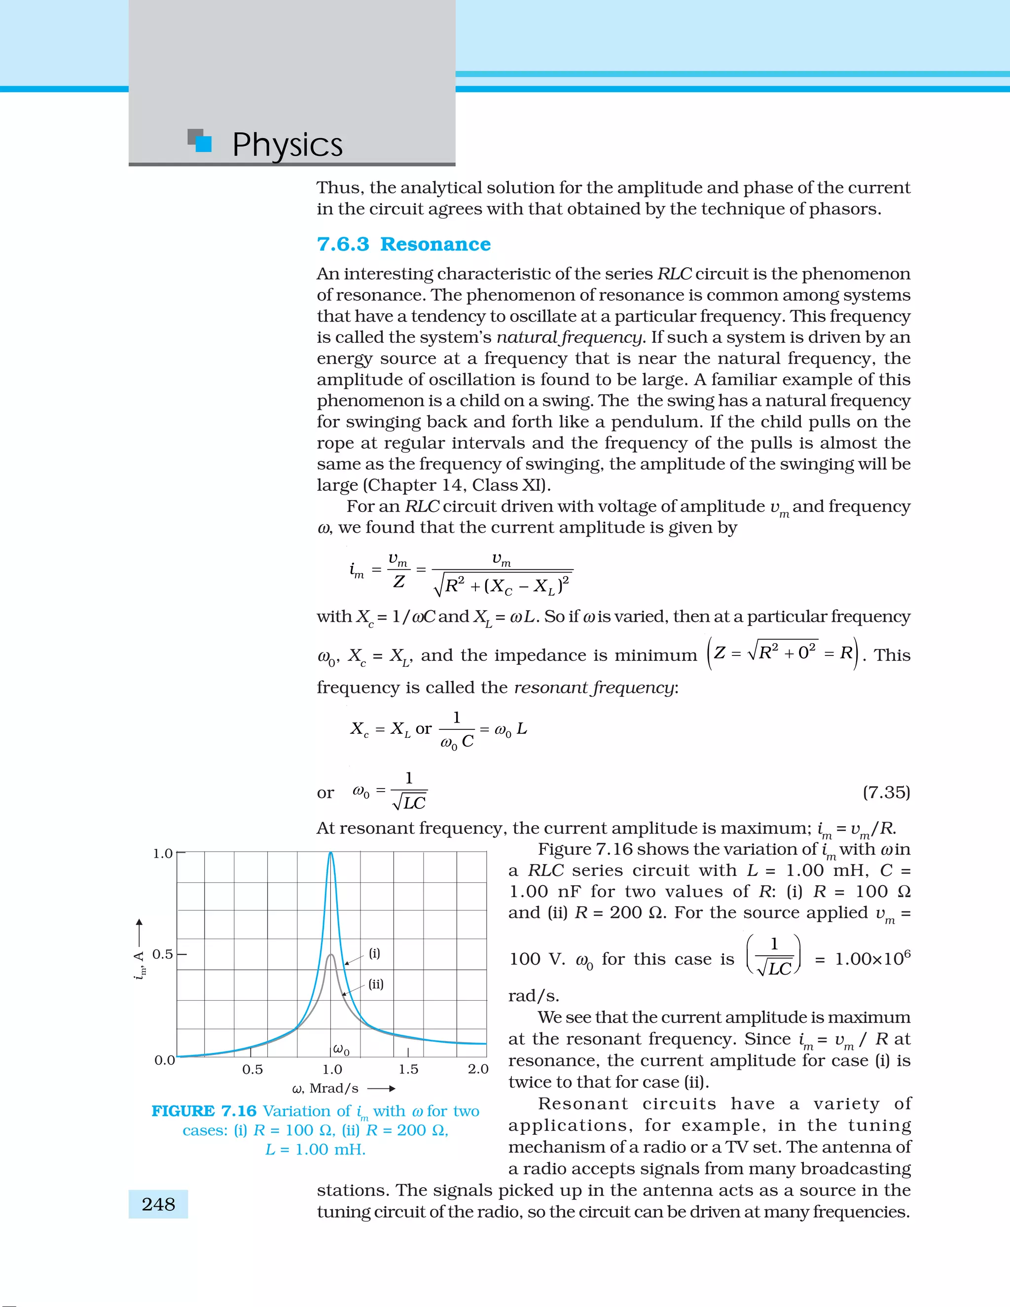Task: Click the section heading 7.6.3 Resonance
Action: coord(404,244)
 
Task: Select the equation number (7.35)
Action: coord(886,793)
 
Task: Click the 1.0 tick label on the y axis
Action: coord(163,853)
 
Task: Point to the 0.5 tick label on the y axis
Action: coord(163,954)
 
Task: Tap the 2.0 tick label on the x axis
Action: coord(478,1069)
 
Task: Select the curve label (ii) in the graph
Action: coord(376,984)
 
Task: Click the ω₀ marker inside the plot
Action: coord(341,1049)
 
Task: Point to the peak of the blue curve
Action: coord(331,853)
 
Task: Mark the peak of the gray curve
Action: coord(331,955)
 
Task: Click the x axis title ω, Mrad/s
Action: coord(325,1089)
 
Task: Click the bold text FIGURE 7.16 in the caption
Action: coord(204,1111)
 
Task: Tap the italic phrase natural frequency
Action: coord(570,337)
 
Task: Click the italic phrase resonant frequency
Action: coord(594,688)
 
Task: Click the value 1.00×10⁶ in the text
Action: coord(872,959)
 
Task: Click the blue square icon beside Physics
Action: coord(204,144)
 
